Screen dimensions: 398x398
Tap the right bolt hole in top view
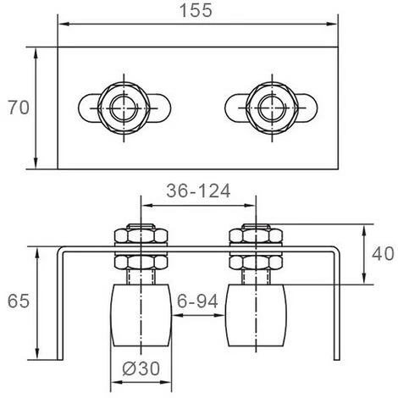point(271,107)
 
